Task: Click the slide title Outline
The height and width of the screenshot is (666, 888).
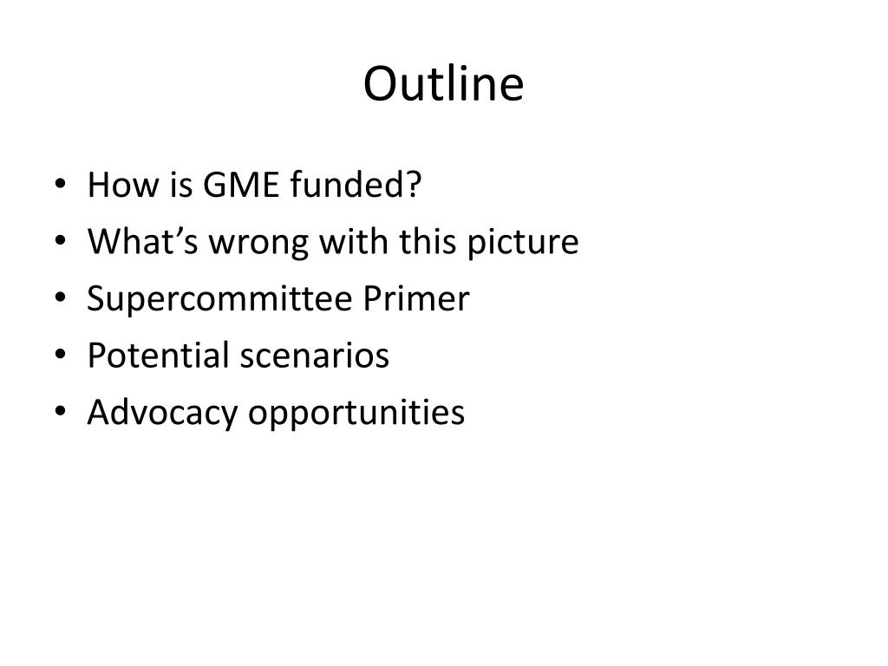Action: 443,85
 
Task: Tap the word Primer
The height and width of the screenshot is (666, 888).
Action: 416,299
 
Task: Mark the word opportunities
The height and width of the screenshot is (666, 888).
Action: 357,414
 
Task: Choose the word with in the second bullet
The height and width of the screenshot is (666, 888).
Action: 351,242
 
